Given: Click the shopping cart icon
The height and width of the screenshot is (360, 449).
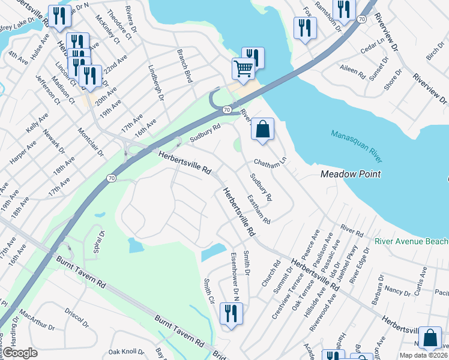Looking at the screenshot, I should (x=243, y=68).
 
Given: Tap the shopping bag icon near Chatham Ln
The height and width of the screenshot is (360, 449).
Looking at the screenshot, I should (x=262, y=129).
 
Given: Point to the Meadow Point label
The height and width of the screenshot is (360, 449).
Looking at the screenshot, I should (x=351, y=174).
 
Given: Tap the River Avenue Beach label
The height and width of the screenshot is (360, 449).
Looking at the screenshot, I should (x=411, y=241).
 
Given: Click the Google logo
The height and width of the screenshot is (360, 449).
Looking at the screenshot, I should (x=19, y=353).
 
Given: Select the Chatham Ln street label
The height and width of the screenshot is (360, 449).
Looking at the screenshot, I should (x=271, y=163).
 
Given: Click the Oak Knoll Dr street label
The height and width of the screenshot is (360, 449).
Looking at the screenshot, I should (x=126, y=352).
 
